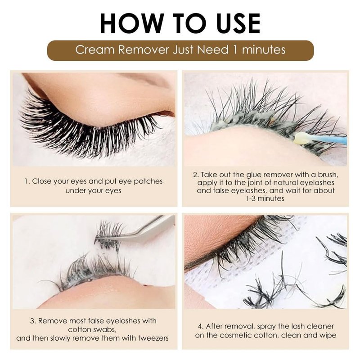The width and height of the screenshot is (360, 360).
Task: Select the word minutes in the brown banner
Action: (264, 49)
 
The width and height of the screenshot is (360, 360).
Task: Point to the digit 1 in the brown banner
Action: (235, 49)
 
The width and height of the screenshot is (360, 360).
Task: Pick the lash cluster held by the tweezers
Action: (108, 235)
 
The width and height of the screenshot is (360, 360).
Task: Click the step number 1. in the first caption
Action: (27, 181)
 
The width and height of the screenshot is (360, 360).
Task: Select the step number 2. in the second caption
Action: (196, 175)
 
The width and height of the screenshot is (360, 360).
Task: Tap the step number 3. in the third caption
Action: (33, 321)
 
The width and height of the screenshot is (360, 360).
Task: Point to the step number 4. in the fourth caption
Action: (201, 326)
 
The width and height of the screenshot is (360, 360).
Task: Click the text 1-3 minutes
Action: (265, 198)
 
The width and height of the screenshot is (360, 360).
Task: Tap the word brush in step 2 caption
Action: (328, 175)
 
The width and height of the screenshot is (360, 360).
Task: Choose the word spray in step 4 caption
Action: (265, 327)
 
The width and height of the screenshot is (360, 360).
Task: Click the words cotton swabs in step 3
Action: (92, 329)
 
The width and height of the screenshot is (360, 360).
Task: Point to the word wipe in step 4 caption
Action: (328, 335)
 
